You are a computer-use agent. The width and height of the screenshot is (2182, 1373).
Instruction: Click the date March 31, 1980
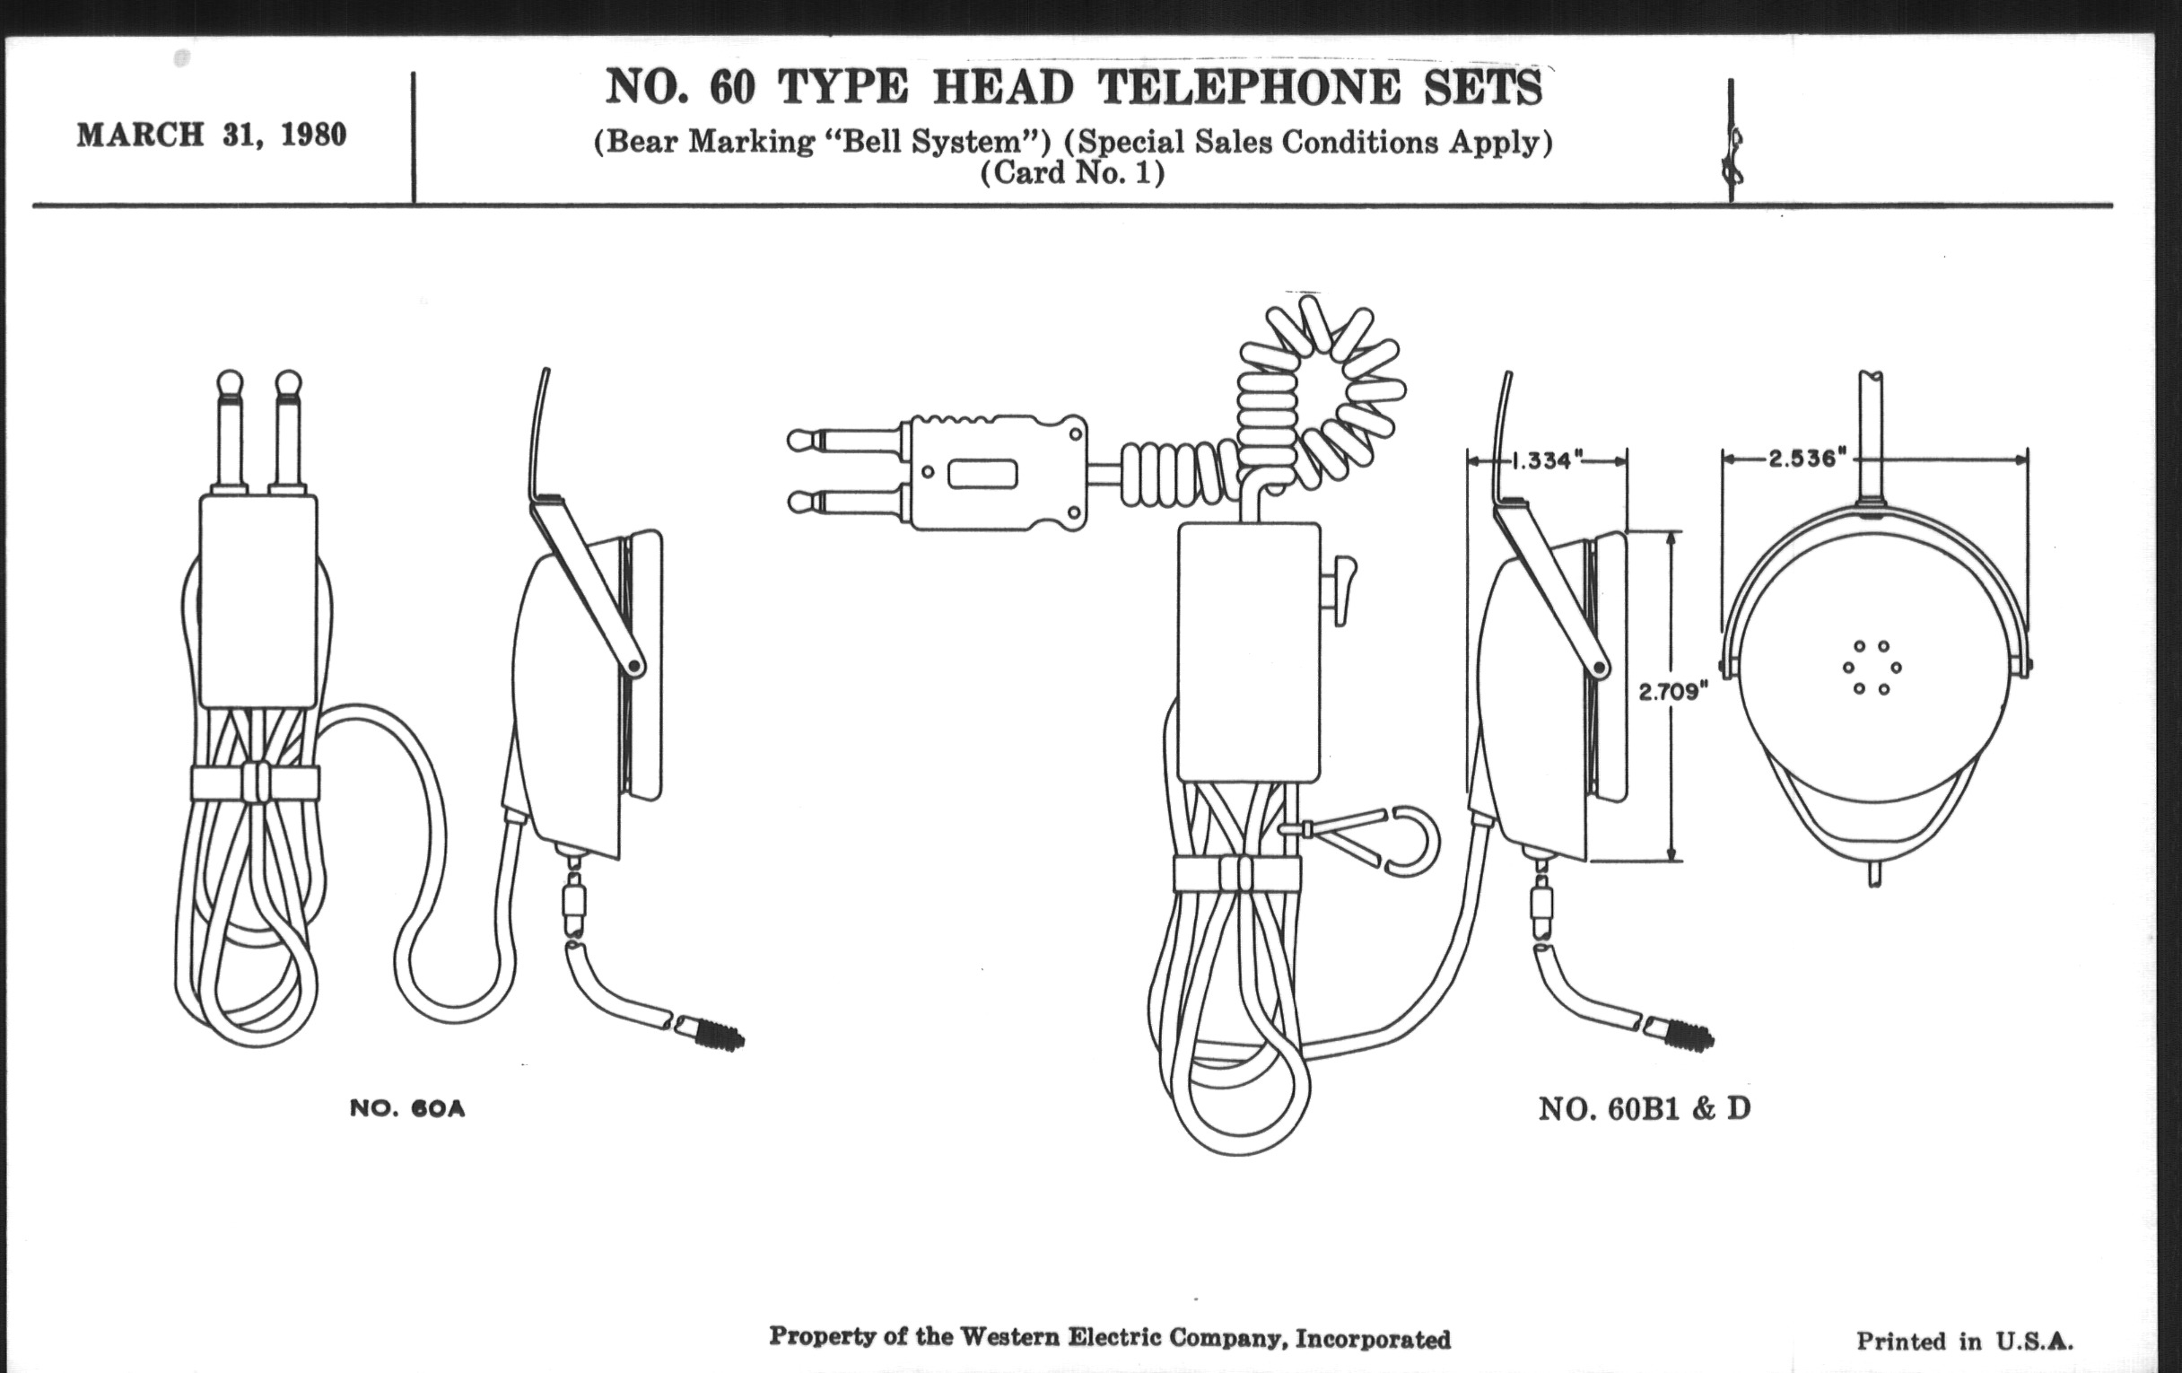point(211,135)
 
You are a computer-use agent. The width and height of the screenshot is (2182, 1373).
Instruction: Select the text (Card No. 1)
point(1072,172)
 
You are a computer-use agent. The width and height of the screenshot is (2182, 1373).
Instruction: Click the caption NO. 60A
point(406,1108)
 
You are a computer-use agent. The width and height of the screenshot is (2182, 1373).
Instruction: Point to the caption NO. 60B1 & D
point(1644,1108)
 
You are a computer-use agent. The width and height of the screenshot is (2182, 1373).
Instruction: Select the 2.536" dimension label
point(1807,459)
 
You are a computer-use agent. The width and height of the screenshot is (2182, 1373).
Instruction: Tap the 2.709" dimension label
point(1672,693)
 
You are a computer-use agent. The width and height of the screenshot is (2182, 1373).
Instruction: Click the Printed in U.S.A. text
point(1965,1342)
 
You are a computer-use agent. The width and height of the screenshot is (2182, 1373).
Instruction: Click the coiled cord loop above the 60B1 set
point(1323,389)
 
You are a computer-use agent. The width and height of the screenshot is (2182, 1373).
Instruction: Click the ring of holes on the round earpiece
point(1872,667)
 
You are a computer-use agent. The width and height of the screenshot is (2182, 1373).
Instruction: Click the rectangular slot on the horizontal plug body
point(982,473)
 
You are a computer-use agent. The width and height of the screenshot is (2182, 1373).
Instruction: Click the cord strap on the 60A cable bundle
point(256,783)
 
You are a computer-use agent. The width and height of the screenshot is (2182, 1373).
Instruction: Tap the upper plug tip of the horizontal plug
point(799,442)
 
